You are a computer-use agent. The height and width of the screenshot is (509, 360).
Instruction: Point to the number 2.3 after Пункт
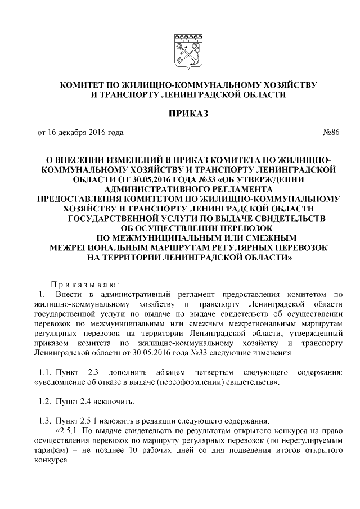[92, 372]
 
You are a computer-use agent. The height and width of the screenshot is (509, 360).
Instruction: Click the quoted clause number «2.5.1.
[69, 430]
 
